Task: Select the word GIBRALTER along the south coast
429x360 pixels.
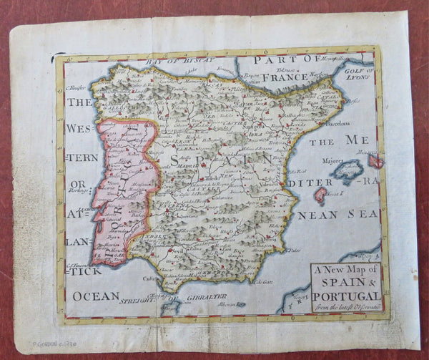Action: pyautogui.click(x=207, y=296)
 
